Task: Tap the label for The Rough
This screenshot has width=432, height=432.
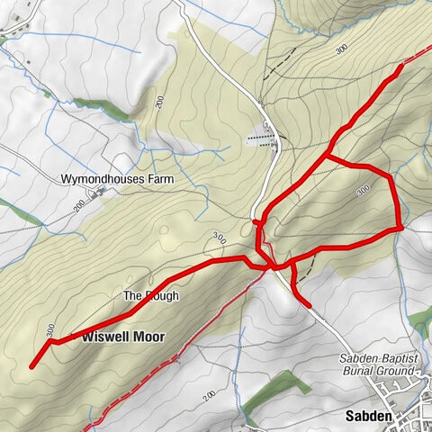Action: [150, 296]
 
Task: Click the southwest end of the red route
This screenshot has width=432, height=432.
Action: [31, 366]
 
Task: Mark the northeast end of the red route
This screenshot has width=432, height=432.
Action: [401, 66]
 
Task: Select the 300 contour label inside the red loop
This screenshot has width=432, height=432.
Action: [363, 190]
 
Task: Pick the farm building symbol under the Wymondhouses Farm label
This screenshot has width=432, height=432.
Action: [96, 192]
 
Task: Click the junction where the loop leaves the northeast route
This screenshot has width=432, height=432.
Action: [326, 157]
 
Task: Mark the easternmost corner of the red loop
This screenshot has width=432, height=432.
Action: [399, 228]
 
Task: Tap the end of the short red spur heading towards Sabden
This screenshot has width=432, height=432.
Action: [310, 306]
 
